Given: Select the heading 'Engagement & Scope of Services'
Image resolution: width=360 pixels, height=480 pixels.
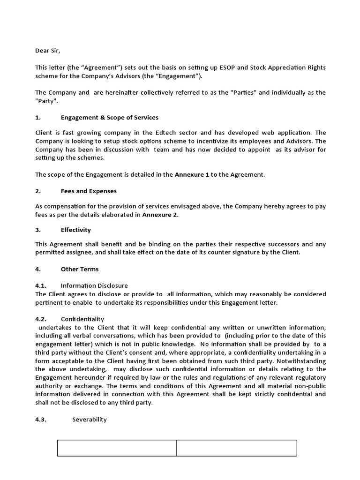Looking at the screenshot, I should coord(110,117).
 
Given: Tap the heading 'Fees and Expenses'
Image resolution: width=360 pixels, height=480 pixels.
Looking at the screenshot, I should coord(89,191).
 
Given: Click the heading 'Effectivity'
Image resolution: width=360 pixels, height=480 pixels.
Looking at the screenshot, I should coord(76,230).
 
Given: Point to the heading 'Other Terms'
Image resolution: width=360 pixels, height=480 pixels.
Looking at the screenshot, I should coord(80,269).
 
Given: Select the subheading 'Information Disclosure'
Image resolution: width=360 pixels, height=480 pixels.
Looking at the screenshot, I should coord(94,285).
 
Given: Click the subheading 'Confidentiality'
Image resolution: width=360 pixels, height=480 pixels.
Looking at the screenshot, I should coord(82,319).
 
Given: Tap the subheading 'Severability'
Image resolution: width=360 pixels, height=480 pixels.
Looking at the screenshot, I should coord(90,420).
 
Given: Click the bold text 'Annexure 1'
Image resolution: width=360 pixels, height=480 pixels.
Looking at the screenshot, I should coord(192,175).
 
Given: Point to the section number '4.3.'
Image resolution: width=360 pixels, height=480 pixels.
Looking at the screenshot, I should coord(43,420).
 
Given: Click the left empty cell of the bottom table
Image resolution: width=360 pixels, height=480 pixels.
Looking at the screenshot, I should coord(117,448).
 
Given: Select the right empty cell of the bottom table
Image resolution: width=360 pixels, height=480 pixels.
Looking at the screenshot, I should coord(237,448).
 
